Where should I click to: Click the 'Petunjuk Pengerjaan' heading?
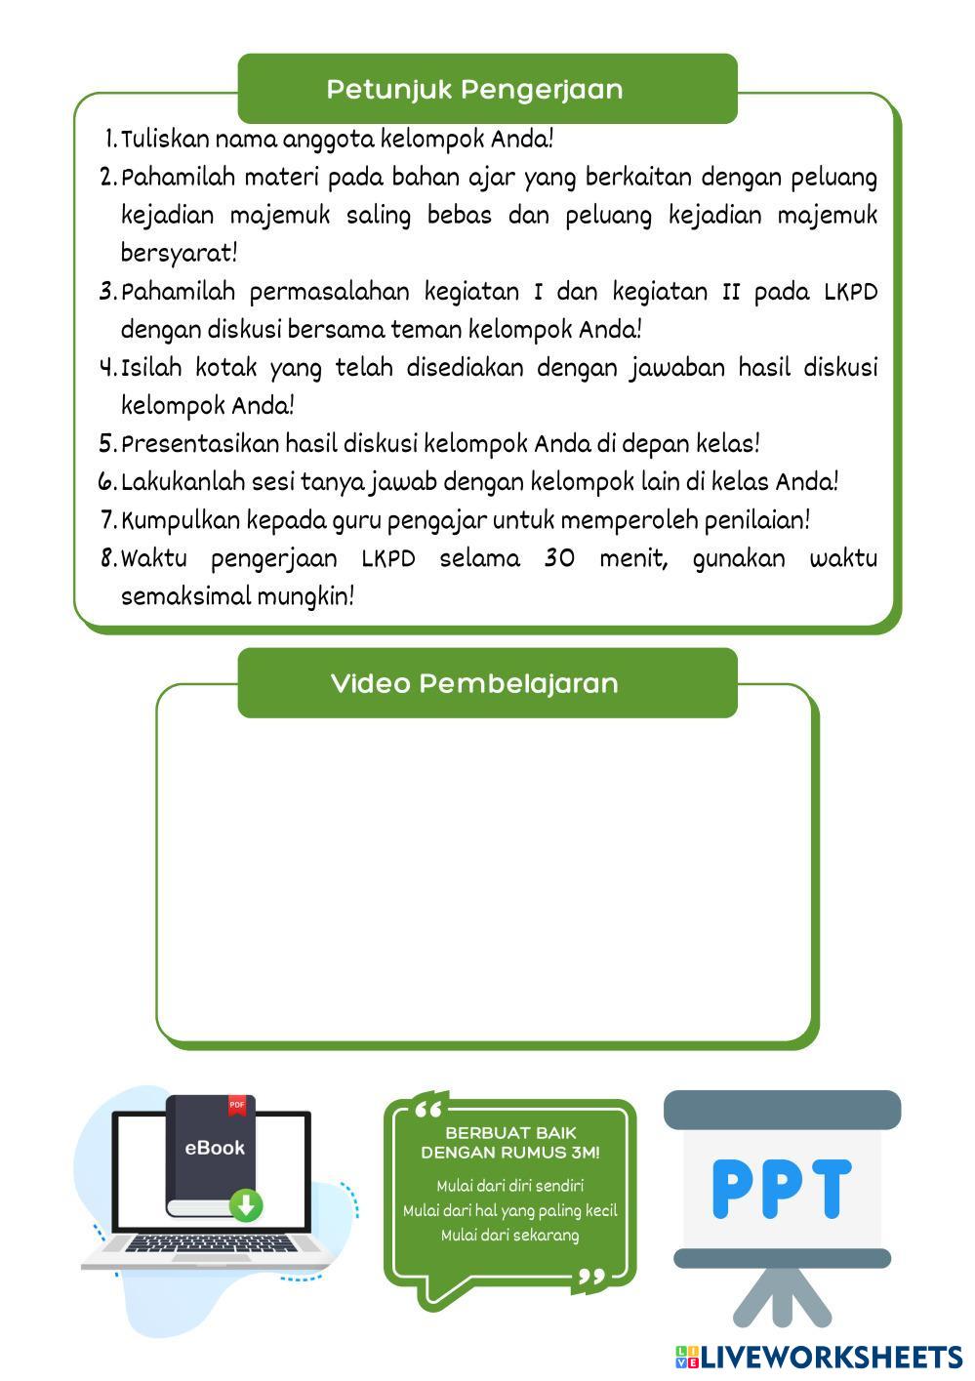(474, 90)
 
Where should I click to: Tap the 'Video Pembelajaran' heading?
(474, 683)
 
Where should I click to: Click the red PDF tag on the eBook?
(237, 1105)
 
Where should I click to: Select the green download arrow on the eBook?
(246, 1205)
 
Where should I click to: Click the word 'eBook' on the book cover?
(215, 1148)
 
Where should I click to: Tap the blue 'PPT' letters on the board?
(781, 1189)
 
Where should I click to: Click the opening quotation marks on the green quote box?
(428, 1110)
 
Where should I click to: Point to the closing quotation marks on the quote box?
(591, 1278)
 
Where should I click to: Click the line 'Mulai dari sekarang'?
(509, 1236)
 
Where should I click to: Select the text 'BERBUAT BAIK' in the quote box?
(510, 1133)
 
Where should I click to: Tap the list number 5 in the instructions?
(107, 444)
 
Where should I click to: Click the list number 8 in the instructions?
(107, 559)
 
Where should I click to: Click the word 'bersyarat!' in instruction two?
(179, 253)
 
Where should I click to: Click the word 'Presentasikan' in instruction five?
(199, 444)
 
